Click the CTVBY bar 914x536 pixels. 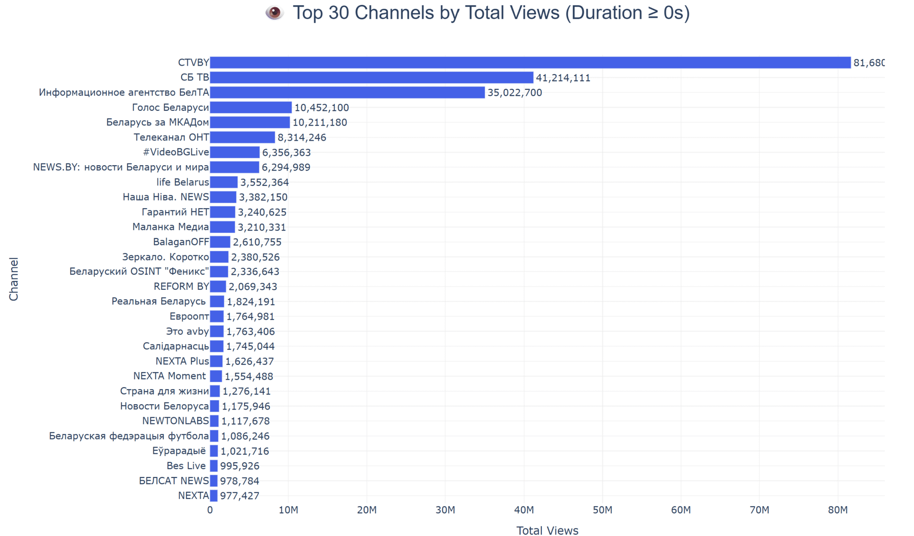pyautogui.click(x=530, y=63)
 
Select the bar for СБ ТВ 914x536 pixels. pyautogui.click(x=371, y=78)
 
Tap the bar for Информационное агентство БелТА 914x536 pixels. pyautogui.click(x=347, y=92)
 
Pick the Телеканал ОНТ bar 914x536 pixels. pyautogui.click(x=242, y=137)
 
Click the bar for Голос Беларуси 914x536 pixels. pyautogui.click(x=251, y=108)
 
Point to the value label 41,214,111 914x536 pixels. pyautogui.click(x=563, y=78)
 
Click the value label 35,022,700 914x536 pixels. pyautogui.click(x=515, y=92)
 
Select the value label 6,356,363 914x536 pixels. pyautogui.click(x=286, y=152)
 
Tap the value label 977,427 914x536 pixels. pyautogui.click(x=239, y=495)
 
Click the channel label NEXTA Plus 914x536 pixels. pyautogui.click(x=182, y=361)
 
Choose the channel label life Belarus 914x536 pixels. pyautogui.click(x=183, y=182)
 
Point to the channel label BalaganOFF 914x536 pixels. pyautogui.click(x=181, y=242)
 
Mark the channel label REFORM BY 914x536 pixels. pyautogui.click(x=181, y=286)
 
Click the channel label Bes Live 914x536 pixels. pyautogui.click(x=186, y=465)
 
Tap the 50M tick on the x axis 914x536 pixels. pyautogui.click(x=602, y=510)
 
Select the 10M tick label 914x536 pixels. pyautogui.click(x=288, y=510)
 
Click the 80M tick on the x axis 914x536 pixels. pyautogui.click(x=838, y=510)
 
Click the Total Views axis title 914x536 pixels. pyautogui.click(x=547, y=530)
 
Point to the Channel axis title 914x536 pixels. pyautogui.click(x=14, y=279)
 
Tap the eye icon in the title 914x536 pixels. pyautogui.click(x=274, y=13)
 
